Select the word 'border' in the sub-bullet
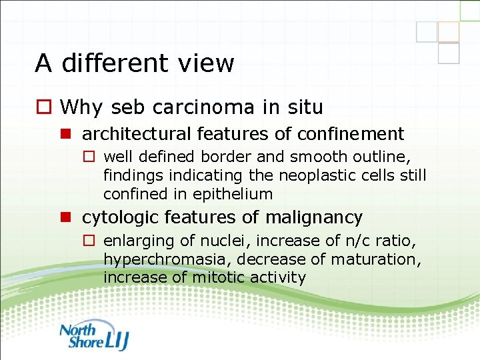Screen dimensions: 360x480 (225, 157)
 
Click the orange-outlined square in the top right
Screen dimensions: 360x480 (449, 31)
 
